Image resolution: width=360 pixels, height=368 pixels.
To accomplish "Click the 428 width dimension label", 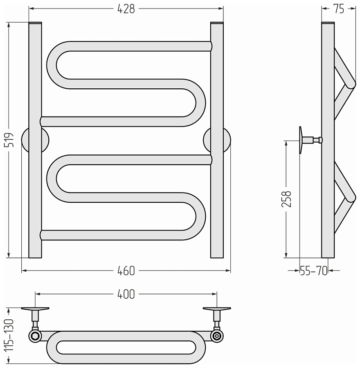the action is click(126, 9).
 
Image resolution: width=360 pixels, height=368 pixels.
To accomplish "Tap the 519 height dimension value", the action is click(10, 140).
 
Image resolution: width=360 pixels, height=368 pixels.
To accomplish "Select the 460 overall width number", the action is click(126, 271).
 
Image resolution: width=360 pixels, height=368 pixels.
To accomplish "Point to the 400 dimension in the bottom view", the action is click(126, 294).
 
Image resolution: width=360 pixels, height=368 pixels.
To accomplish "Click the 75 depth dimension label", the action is click(339, 9).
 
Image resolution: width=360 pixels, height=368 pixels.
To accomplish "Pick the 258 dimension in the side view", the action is click(286, 199).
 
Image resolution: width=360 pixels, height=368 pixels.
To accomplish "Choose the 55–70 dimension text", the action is click(314, 271).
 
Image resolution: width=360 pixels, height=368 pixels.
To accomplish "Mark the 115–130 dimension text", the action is click(10, 335).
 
